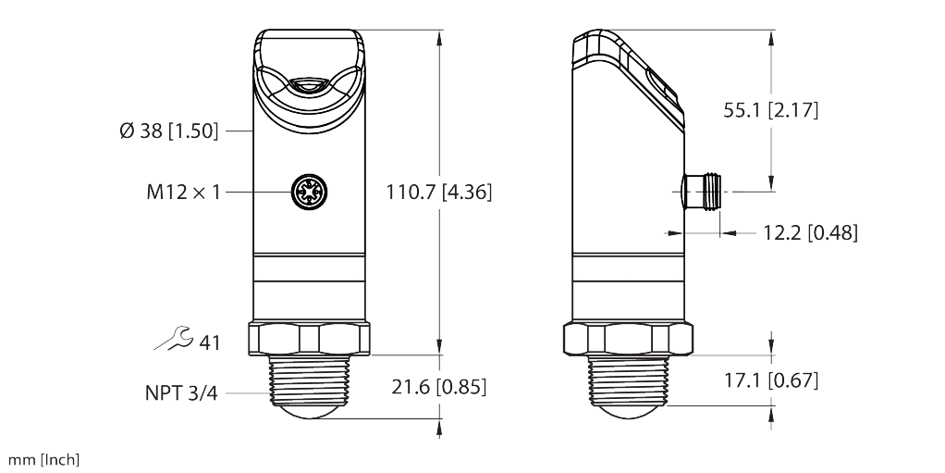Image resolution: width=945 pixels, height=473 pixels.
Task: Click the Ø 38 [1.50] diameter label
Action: click(x=168, y=131)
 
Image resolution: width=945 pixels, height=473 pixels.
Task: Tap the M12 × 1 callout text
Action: click(x=183, y=192)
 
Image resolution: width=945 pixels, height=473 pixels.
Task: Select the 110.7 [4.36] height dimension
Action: click(x=438, y=192)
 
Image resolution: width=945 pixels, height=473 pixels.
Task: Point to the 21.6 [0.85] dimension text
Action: click(x=438, y=387)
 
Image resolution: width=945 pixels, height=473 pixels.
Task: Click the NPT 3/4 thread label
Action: click(x=181, y=392)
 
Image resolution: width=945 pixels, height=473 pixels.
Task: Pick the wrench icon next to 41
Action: click(x=174, y=339)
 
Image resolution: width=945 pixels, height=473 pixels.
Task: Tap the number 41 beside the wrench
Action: click(x=210, y=343)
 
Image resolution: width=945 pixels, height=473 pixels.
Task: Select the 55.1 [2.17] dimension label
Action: click(x=771, y=110)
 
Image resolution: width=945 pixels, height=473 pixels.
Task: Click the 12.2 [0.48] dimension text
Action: click(x=811, y=232)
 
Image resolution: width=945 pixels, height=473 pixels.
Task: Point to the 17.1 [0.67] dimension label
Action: click(x=771, y=380)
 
